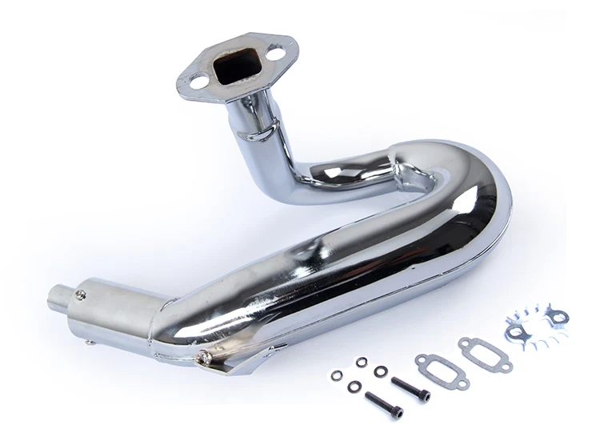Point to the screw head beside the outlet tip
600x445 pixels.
79,295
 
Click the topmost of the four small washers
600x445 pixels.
362,362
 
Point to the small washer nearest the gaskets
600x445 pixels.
382,371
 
